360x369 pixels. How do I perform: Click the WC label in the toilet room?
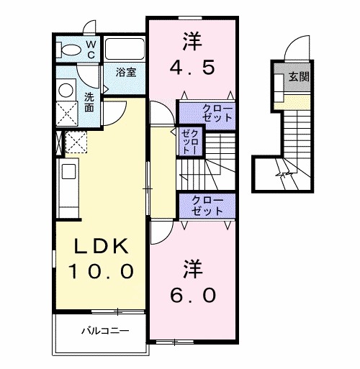point(91,48)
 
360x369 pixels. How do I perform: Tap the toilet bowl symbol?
point(71,50)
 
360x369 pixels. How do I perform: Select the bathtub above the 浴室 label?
point(126,50)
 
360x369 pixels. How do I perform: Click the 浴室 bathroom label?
point(127,72)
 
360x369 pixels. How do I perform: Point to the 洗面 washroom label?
point(89,101)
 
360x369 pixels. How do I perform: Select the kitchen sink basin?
point(69,171)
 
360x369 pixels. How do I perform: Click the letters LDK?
point(101,247)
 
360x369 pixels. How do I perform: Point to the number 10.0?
point(101,271)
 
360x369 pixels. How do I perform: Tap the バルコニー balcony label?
point(104,332)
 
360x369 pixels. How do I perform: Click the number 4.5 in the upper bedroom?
point(193,66)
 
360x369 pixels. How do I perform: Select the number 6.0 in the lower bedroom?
point(192,294)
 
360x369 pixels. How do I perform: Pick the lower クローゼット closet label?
point(207,206)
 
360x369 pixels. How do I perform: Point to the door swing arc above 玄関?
point(295,50)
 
